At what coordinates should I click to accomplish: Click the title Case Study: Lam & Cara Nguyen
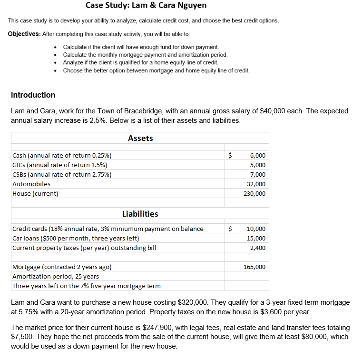coord(146,6)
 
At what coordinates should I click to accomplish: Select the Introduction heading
coord(33,95)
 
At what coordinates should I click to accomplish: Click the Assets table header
coord(140,138)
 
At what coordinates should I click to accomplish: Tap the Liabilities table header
coord(140,214)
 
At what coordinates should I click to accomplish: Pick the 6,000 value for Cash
coord(257,156)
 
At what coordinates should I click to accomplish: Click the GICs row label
coord(59,165)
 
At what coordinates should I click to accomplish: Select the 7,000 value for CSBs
coord(257,175)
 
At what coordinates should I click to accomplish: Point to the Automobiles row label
coord(31,184)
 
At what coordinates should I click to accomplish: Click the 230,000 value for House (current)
coord(254,194)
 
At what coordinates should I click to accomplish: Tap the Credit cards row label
coord(108,229)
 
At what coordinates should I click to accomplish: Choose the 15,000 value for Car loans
coord(256,239)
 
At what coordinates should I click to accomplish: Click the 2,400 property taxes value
coord(257,248)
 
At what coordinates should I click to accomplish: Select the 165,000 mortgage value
coord(254,267)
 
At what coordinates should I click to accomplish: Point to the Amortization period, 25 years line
coord(56,277)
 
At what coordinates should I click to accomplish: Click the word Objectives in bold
coord(24,34)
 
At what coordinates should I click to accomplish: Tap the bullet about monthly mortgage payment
coord(145,55)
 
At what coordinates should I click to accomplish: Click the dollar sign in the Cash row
coord(231,156)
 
